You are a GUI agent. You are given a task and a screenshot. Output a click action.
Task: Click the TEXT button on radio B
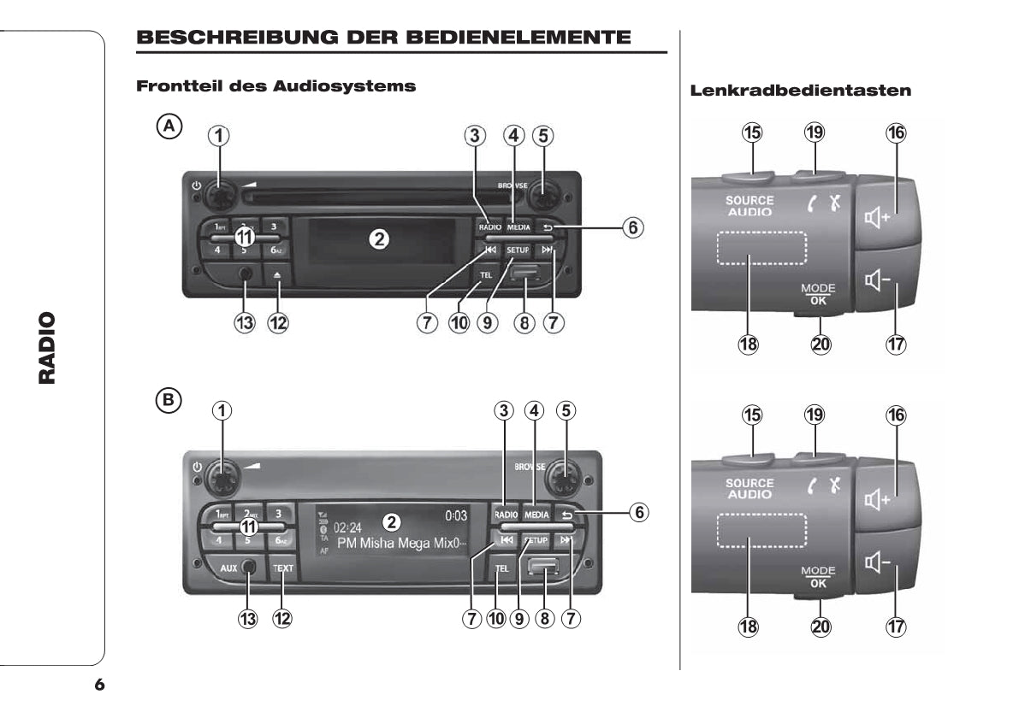click(282, 568)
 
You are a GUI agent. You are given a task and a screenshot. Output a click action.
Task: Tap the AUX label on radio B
click(228, 568)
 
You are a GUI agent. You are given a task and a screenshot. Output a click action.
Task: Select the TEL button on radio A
click(486, 274)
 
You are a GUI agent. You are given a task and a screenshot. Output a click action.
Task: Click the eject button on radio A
click(277, 276)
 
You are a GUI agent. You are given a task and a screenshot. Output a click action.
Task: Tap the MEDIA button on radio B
click(536, 515)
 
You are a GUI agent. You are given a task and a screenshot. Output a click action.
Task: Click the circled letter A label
click(169, 127)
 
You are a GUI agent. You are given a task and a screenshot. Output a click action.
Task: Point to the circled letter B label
click(169, 399)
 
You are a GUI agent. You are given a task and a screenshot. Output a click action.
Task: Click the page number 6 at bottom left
click(99, 685)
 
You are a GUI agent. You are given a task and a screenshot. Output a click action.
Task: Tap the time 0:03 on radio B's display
click(456, 516)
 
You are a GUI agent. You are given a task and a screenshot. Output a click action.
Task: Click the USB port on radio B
click(543, 568)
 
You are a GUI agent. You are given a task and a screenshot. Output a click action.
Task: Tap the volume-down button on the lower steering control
click(885, 562)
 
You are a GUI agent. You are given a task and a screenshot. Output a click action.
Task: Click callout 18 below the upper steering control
click(749, 344)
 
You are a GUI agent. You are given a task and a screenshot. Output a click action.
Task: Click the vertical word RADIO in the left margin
click(48, 348)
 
